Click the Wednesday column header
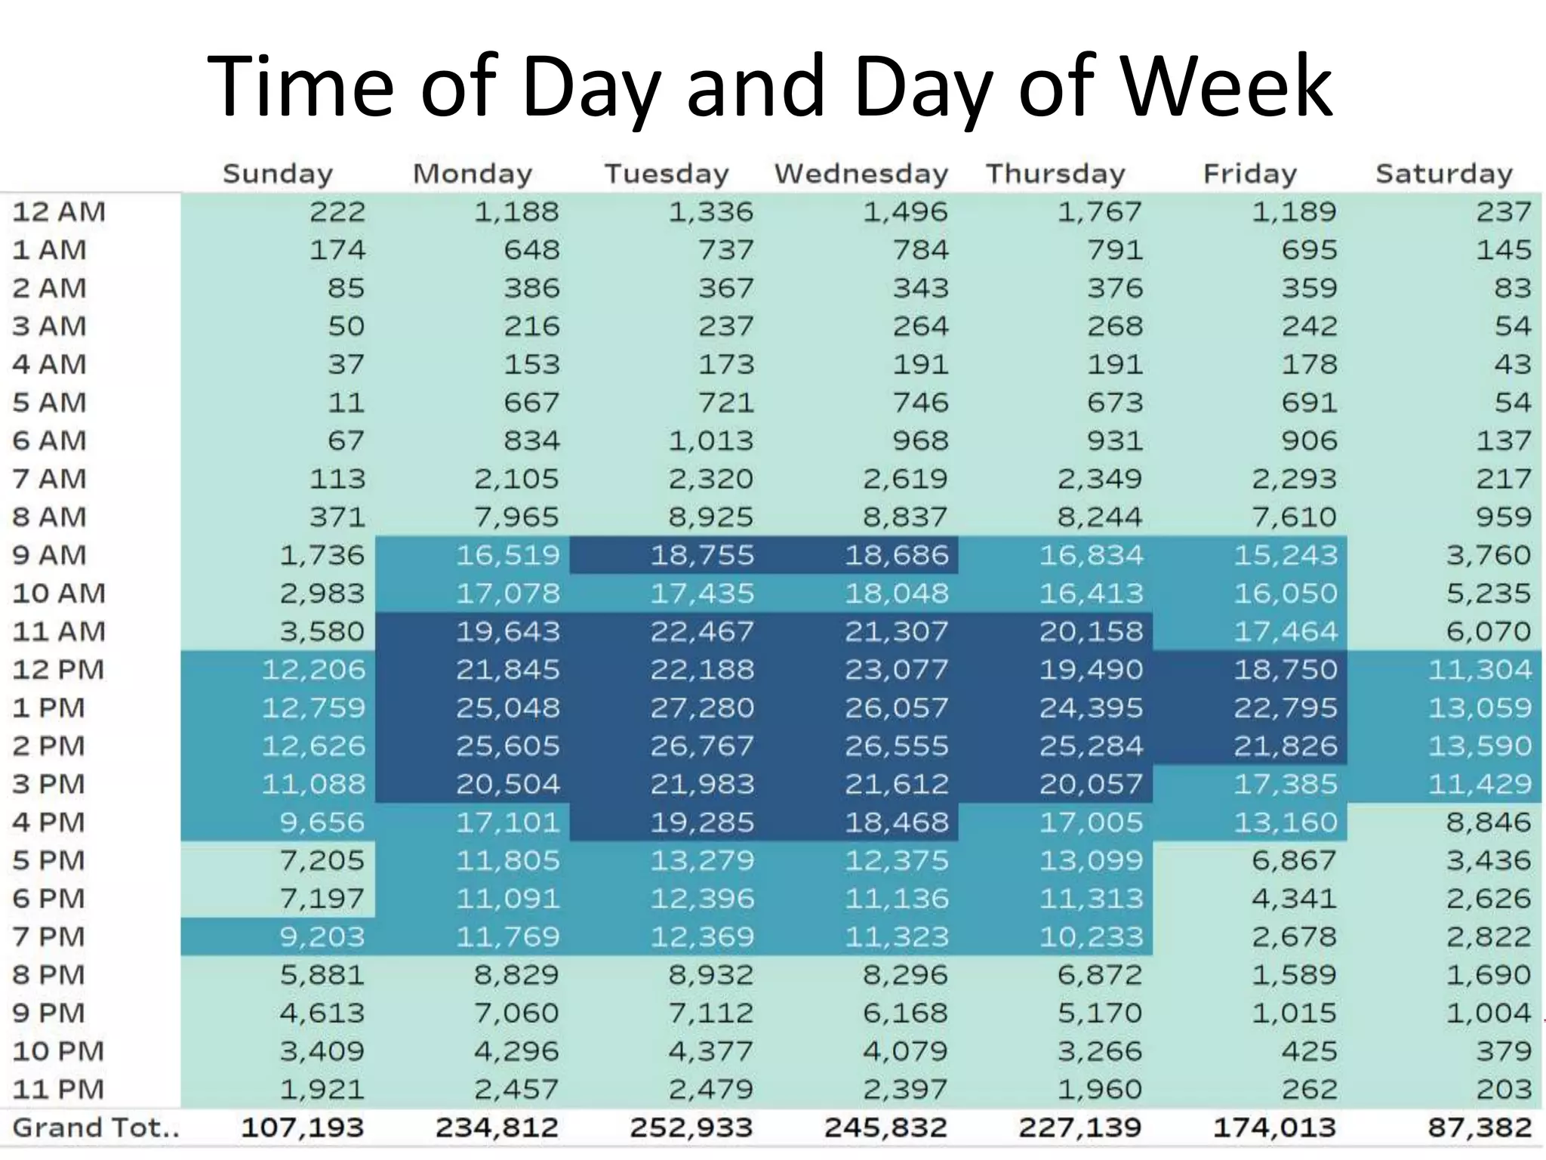coord(861,174)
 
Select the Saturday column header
coord(1443,174)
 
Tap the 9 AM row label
coord(50,555)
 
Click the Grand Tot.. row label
coord(96,1128)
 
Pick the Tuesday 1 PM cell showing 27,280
coord(702,708)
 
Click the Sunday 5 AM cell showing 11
coord(346,403)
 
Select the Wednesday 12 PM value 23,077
coord(896,670)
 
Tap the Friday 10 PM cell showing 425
coord(1309,1051)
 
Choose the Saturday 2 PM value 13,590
coord(1480,746)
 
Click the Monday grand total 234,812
coord(497,1128)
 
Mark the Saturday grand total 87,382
coord(1480,1128)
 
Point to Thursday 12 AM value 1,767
coord(1099,211)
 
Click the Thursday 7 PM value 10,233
coord(1091,937)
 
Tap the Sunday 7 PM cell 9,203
coord(322,937)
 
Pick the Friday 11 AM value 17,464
coord(1285,631)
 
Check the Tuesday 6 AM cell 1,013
coord(710,441)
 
